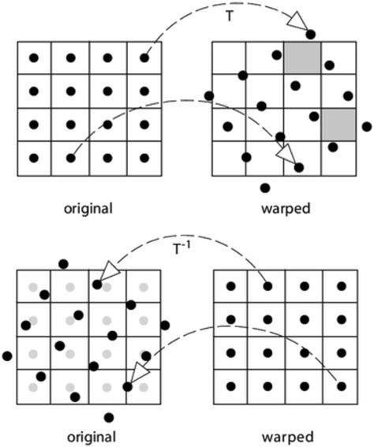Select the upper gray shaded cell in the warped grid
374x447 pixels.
(302, 57)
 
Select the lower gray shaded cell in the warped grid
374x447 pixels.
(338, 125)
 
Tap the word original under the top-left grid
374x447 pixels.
(88, 209)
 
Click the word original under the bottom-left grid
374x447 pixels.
(88, 437)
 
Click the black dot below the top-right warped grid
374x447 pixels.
(265, 188)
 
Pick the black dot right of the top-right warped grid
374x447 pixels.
(366, 126)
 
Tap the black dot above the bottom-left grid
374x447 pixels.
(63, 263)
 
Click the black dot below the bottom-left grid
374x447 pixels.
(108, 417)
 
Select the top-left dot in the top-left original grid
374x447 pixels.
(33, 57)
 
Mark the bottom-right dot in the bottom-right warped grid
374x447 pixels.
(340, 386)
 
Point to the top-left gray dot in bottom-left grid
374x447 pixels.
(33, 286)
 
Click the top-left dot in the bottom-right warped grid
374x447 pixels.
(230, 285)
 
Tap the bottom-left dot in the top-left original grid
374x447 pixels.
(33, 158)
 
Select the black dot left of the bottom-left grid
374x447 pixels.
(8, 356)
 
